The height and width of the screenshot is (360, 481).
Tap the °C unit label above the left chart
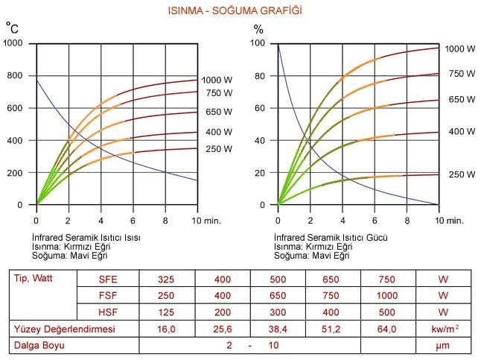(x=12, y=28)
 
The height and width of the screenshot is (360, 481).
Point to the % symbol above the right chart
(x=258, y=29)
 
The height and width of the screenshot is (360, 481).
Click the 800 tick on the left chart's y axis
(x=15, y=75)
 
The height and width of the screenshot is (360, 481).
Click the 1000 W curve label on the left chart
(x=217, y=80)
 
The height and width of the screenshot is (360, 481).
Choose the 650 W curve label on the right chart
(x=462, y=99)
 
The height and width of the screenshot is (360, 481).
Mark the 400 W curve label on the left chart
(x=217, y=132)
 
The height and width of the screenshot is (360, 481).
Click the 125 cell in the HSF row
(x=166, y=312)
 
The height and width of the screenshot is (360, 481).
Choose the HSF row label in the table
(x=108, y=312)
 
